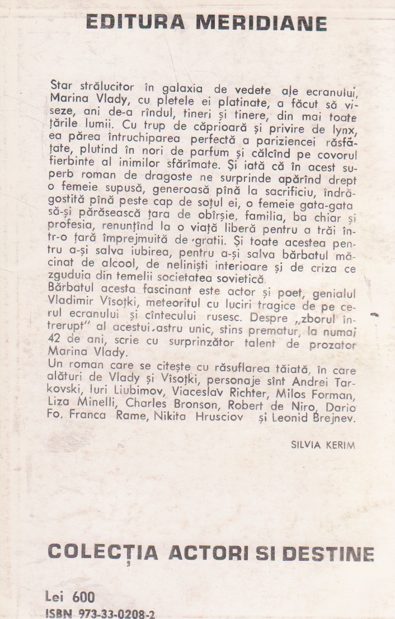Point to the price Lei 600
click(x=70, y=596)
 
